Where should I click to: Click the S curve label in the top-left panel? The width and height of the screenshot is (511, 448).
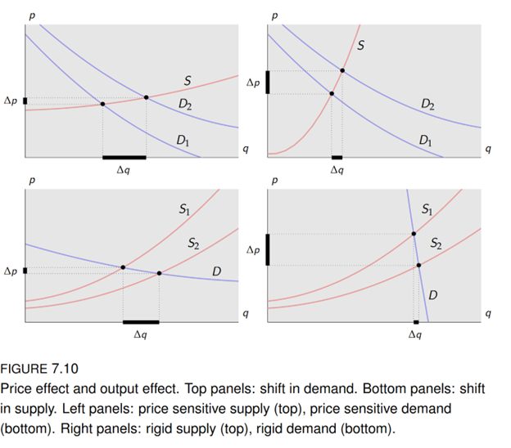[188, 81]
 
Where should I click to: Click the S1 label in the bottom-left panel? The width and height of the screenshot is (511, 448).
[185, 212]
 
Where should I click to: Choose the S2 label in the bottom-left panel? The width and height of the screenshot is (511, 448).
[193, 243]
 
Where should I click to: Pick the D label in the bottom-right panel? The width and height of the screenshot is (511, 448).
[432, 294]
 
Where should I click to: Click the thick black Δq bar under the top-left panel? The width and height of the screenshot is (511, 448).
[124, 156]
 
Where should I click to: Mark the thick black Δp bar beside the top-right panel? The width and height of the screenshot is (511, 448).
[268, 83]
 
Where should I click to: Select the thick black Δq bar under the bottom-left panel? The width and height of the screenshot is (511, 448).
[141, 322]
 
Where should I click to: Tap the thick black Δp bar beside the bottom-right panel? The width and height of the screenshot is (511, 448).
[268, 249]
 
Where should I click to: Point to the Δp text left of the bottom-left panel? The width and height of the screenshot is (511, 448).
[10, 271]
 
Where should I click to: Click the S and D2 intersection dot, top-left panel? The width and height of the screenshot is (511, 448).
[147, 97]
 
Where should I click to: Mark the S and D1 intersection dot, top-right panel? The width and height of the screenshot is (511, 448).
[331, 94]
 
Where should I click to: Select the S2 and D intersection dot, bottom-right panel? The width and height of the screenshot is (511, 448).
[418, 265]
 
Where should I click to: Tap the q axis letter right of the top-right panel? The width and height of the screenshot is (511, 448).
[488, 149]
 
